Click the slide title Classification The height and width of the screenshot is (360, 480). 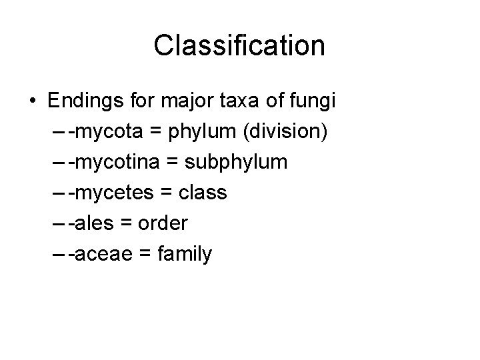click(239, 46)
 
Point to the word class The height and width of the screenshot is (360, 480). click(204, 193)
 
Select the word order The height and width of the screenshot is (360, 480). click(163, 223)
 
